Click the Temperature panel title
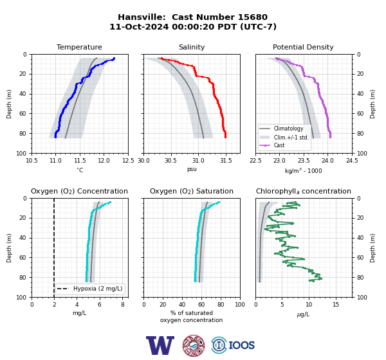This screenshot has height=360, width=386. (x=79, y=47)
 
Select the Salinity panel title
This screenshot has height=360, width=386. (x=192, y=47)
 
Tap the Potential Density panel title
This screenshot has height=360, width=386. (x=303, y=47)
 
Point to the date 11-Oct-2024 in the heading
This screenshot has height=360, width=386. (x=140, y=26)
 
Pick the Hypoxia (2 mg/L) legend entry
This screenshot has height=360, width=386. (x=90, y=289)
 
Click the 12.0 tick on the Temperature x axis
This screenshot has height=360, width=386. (x=104, y=161)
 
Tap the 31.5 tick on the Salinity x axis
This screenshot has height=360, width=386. (x=226, y=161)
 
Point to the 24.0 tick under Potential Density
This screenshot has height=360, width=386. (x=327, y=161)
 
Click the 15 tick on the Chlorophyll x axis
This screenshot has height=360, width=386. (x=336, y=305)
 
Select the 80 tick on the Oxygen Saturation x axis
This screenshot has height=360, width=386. (x=221, y=305)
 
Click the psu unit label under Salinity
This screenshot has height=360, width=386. (x=192, y=169)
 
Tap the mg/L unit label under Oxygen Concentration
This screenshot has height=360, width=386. (x=79, y=313)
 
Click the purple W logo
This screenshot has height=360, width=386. (x=160, y=345)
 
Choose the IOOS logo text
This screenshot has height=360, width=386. (x=241, y=345)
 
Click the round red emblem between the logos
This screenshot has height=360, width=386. (x=194, y=345)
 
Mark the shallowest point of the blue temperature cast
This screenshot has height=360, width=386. (x=114, y=59)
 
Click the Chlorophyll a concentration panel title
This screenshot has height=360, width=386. (x=303, y=191)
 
